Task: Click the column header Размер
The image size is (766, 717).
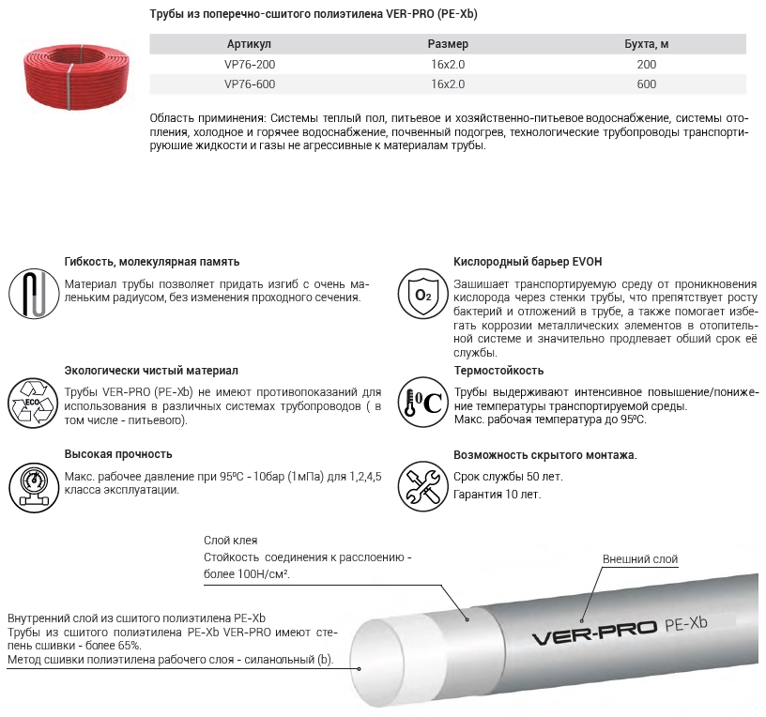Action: pos(448,45)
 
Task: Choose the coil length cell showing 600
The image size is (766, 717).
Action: pos(646,84)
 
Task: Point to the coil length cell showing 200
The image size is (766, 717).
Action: pos(646,65)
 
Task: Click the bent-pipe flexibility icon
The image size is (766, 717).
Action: pos(33,294)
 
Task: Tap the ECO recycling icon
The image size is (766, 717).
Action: pos(33,401)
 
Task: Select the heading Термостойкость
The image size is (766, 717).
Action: pos(498,371)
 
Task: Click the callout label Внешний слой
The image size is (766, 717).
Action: pos(639,559)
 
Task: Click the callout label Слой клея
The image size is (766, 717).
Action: pos(230,541)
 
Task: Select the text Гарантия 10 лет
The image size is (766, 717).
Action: pos(497,494)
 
